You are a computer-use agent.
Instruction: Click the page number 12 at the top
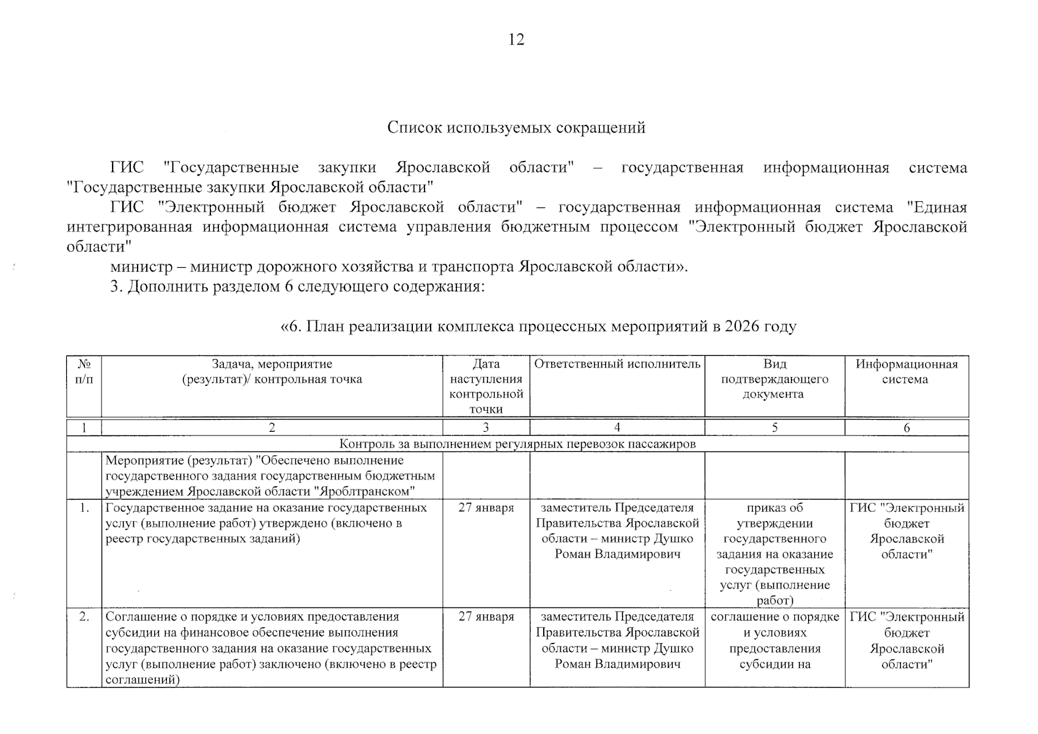pyautogui.click(x=516, y=40)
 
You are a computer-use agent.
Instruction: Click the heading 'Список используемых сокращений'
pyautogui.click(x=516, y=128)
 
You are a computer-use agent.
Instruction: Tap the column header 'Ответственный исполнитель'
pyautogui.click(x=617, y=365)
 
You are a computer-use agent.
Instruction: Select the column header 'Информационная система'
pyautogui.click(x=906, y=372)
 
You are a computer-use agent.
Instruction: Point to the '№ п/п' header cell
pyautogui.click(x=84, y=372)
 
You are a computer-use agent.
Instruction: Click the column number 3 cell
pyautogui.click(x=486, y=428)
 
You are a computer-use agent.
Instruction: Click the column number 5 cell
pyautogui.click(x=774, y=428)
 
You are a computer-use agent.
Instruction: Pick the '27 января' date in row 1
pyautogui.click(x=486, y=508)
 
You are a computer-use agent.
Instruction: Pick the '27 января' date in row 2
pyautogui.click(x=486, y=617)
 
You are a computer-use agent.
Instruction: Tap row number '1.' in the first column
pyautogui.click(x=84, y=508)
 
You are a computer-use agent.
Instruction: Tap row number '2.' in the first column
pyautogui.click(x=84, y=617)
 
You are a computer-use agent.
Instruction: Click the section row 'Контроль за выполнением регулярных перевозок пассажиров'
pyautogui.click(x=517, y=444)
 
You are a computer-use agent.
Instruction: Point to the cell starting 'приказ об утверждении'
pyautogui.click(x=774, y=554)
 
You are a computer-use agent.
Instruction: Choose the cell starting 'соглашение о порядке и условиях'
pyautogui.click(x=774, y=640)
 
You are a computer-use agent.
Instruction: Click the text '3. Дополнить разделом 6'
pyautogui.click(x=202, y=287)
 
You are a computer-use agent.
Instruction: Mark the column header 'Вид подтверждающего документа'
pyautogui.click(x=774, y=379)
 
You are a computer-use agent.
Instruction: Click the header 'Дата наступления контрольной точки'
pyautogui.click(x=486, y=387)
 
